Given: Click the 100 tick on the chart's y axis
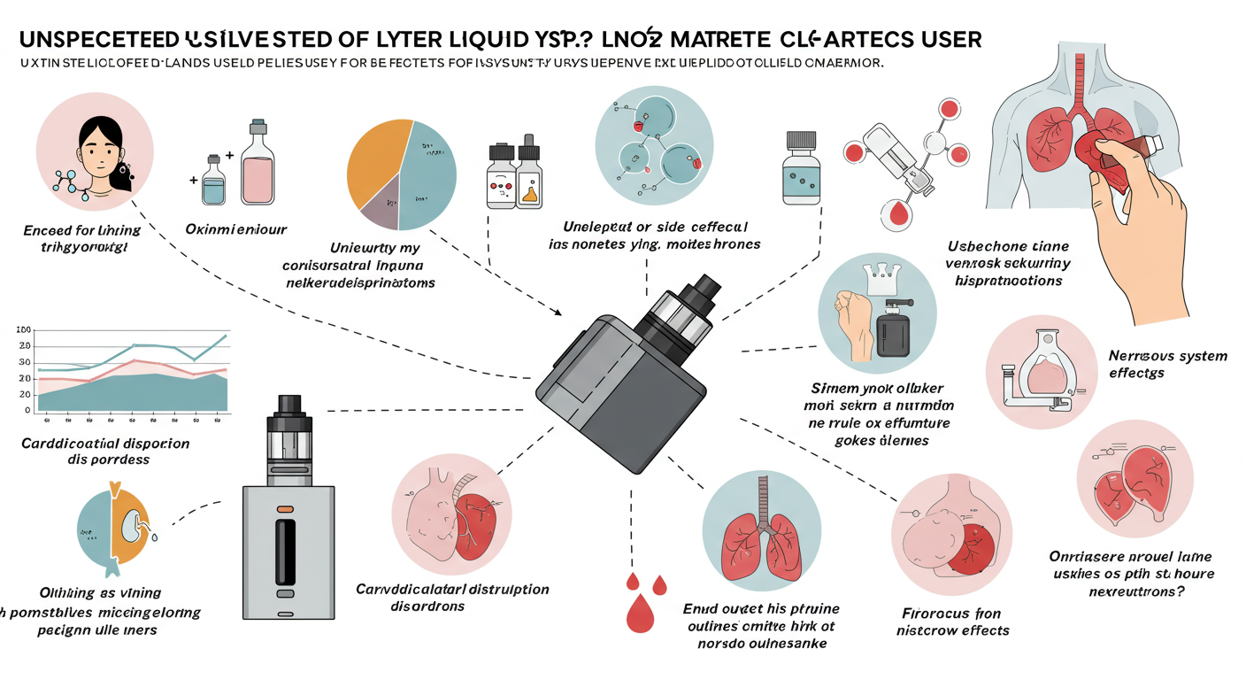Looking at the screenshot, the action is point(24,329).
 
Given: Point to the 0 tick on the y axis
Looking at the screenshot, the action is point(27,411).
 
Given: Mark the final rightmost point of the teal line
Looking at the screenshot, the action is point(226,336).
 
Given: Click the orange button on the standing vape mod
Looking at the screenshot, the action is point(284,511).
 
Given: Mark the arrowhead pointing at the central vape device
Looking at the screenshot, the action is point(558,312).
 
